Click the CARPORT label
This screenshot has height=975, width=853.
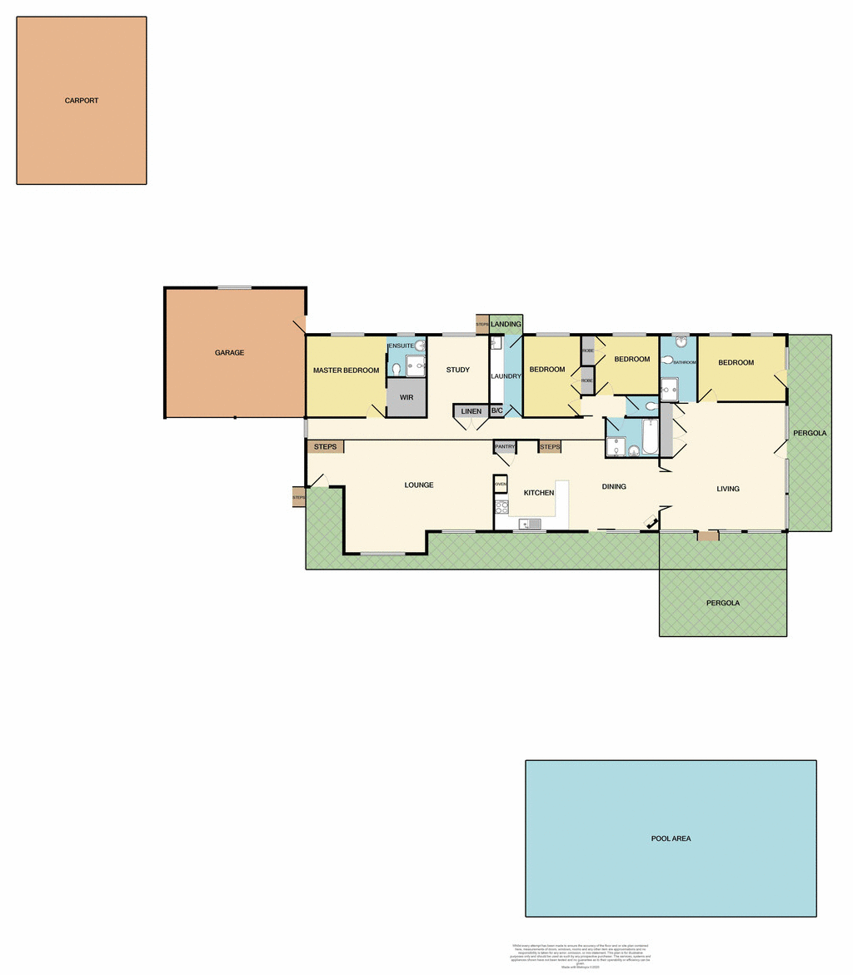click(x=82, y=101)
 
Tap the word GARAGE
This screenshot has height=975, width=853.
click(x=230, y=353)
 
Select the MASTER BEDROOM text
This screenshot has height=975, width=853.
click(x=346, y=371)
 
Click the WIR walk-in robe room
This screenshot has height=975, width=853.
click(x=407, y=398)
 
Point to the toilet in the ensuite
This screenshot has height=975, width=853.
click(x=397, y=368)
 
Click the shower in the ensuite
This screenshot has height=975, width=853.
click(x=415, y=366)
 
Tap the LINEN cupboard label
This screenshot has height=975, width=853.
click(x=471, y=411)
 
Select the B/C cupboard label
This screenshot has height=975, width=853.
click(x=496, y=411)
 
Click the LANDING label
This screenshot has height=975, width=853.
click(x=506, y=324)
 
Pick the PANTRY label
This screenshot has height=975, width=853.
click(x=505, y=447)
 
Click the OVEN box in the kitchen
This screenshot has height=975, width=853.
click(x=501, y=484)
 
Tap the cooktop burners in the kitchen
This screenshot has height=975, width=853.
click(x=501, y=507)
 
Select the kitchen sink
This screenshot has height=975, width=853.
click(x=530, y=524)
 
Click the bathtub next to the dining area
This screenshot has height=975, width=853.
click(x=650, y=436)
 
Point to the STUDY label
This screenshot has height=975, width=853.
click(x=458, y=371)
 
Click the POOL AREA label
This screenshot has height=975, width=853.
click(x=671, y=838)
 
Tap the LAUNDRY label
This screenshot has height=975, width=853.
click(x=506, y=376)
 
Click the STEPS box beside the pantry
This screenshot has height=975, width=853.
click(x=550, y=447)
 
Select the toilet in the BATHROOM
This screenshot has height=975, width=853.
click(x=668, y=361)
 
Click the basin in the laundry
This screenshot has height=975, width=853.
click(x=495, y=343)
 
